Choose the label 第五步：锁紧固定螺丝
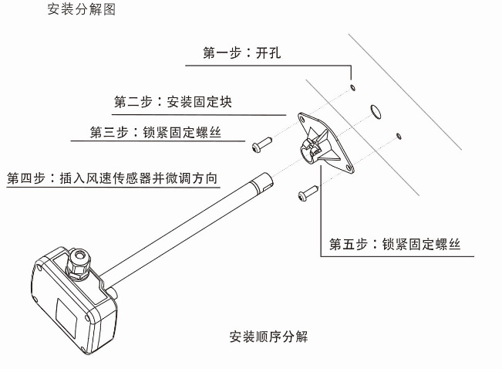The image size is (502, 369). [395, 245]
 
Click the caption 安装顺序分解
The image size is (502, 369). [270, 337]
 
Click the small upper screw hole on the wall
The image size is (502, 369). [352, 88]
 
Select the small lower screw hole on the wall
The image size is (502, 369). [398, 137]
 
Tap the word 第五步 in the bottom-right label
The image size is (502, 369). [349, 245]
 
